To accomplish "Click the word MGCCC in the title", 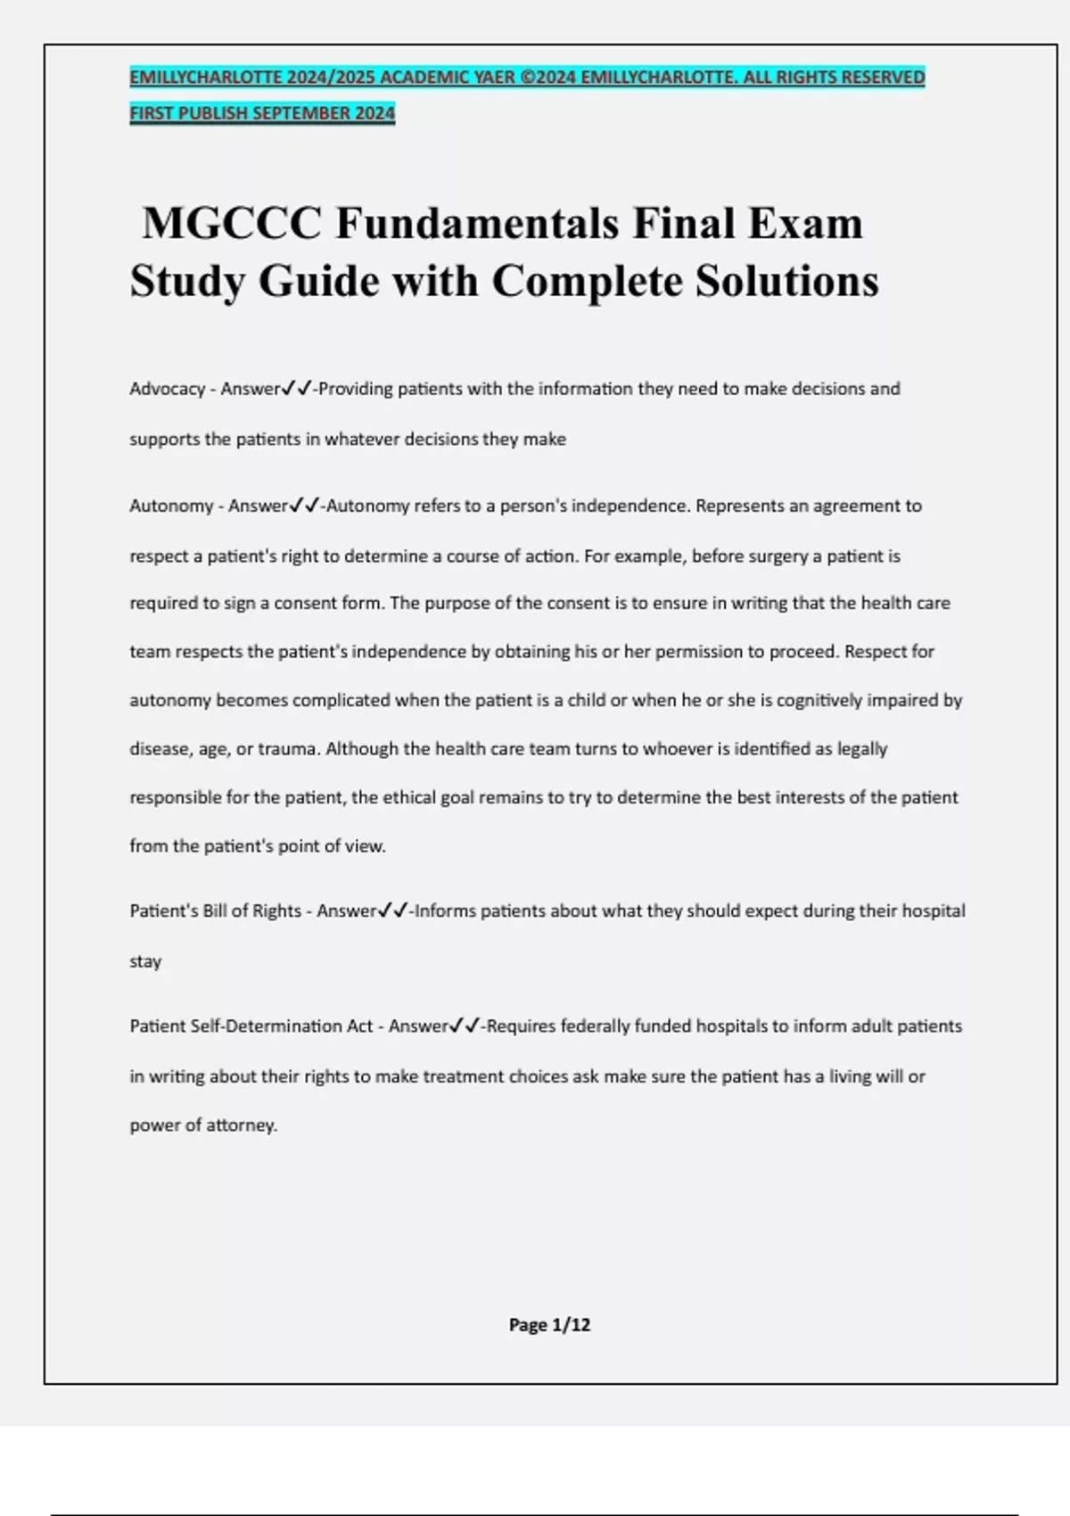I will (x=232, y=223).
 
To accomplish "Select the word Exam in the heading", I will (x=805, y=223).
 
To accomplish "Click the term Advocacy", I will (x=168, y=389).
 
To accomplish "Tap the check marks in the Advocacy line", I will (x=296, y=389).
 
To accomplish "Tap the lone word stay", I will (x=145, y=961).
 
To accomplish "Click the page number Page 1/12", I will (x=549, y=1325).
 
